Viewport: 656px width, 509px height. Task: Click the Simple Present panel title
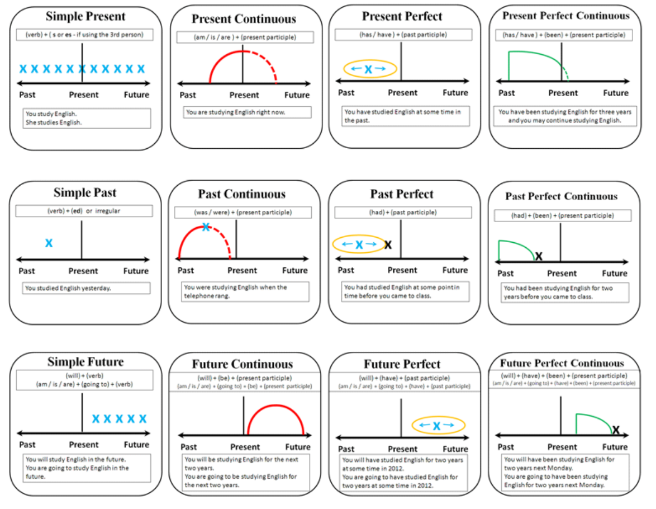(85, 16)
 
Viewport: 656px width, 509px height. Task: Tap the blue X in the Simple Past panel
(49, 243)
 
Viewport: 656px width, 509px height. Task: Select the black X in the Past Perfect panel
(388, 244)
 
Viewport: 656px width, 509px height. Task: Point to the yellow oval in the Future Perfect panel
(438, 426)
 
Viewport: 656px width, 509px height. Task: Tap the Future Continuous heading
(243, 364)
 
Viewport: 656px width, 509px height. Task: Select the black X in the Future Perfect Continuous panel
(616, 430)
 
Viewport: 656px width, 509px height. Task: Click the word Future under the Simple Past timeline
(136, 271)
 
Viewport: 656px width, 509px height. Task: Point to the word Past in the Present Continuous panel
(188, 95)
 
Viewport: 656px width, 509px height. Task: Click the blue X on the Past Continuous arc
(206, 227)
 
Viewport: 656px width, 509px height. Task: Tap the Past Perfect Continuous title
(562, 196)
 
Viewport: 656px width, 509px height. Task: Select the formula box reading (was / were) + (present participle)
(241, 213)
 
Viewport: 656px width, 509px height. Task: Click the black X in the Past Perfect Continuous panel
(539, 256)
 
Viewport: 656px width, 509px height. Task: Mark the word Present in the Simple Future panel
(84, 445)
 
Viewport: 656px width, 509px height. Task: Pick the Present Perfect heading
(402, 16)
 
